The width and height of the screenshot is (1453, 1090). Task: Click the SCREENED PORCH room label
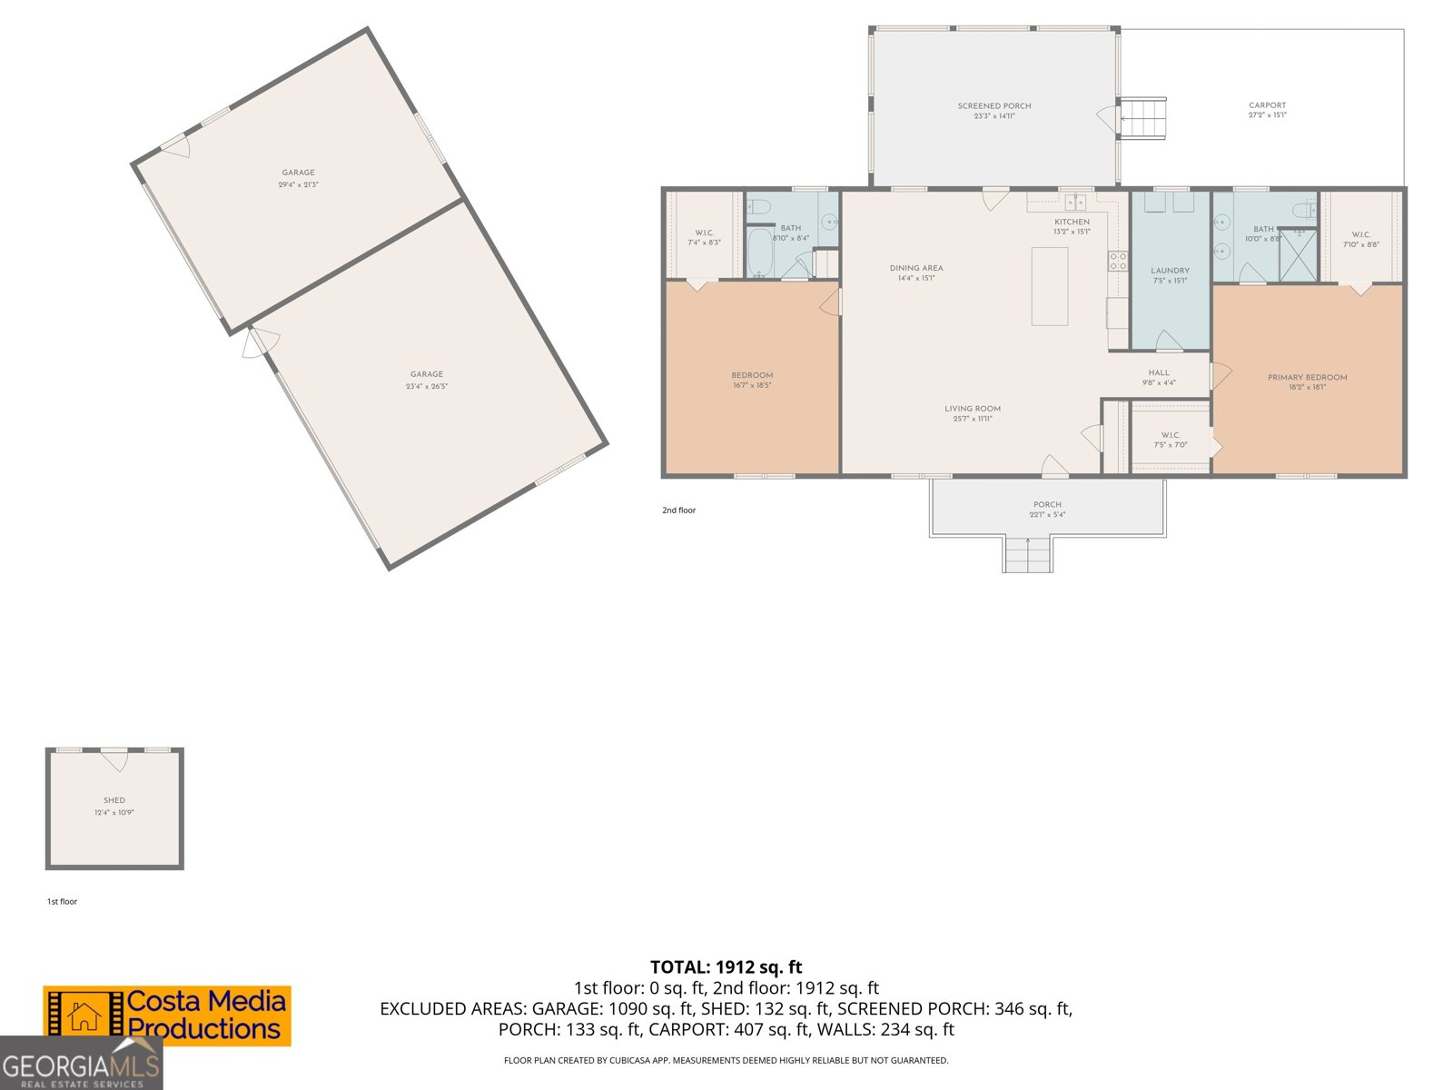(993, 106)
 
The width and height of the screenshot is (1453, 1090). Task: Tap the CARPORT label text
(1267, 105)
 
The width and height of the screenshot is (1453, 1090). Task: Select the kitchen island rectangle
(1049, 285)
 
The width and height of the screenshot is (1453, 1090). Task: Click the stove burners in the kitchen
(1117, 262)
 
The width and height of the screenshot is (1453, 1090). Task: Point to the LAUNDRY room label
(1170, 271)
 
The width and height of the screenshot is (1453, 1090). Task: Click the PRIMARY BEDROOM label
(1307, 377)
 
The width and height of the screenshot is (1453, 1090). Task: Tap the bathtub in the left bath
(759, 253)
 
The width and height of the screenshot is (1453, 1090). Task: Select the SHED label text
(114, 800)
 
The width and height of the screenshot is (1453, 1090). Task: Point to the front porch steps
(1027, 554)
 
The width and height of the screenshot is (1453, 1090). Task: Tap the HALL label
(1159, 372)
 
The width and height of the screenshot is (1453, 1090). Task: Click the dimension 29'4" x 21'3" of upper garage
(298, 184)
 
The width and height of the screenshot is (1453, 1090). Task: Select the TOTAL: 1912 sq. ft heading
(726, 967)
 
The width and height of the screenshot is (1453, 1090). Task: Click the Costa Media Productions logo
(167, 1016)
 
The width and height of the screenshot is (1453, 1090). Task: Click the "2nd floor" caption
(678, 510)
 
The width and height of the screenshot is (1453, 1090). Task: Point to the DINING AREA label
(915, 268)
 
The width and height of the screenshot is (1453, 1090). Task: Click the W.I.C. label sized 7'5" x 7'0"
(1170, 435)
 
